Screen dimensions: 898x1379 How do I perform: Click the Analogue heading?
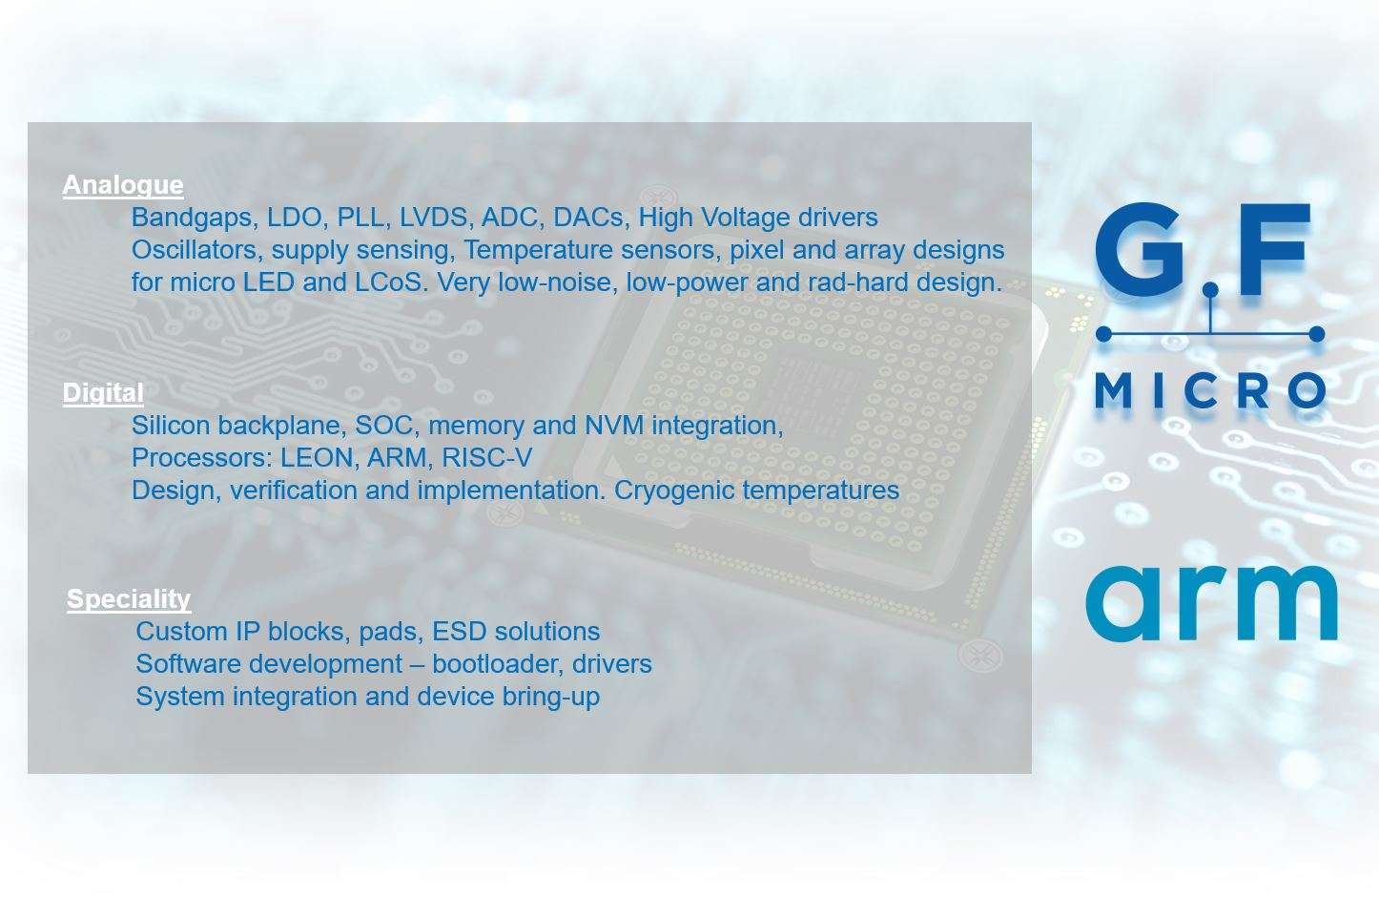[x=123, y=185]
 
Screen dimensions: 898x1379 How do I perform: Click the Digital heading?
[x=103, y=393]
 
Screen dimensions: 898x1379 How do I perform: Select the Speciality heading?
[x=129, y=599]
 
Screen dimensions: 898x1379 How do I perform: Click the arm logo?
[x=1211, y=603]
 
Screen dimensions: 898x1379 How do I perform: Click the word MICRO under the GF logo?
[x=1210, y=390]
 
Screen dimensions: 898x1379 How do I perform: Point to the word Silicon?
[x=170, y=426]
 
